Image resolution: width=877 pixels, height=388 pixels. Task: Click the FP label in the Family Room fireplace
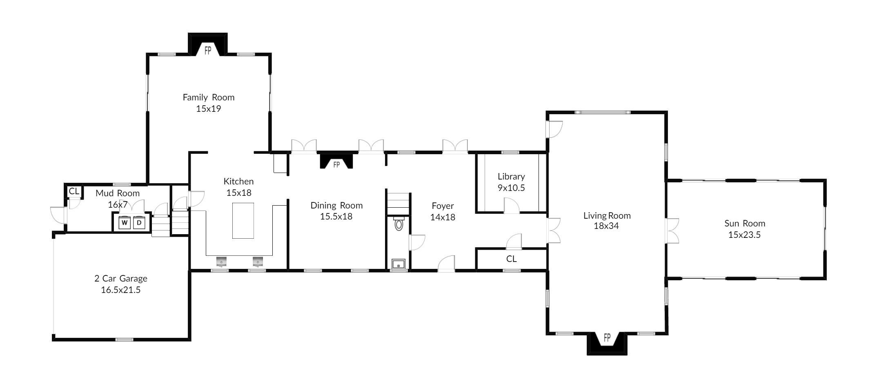click(x=208, y=51)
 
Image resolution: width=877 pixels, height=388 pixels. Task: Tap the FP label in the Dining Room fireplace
click(x=336, y=165)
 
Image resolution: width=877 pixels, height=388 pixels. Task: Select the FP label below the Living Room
click(x=607, y=337)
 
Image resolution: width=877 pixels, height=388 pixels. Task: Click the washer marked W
click(x=125, y=223)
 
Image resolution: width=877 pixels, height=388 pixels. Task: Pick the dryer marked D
click(x=139, y=223)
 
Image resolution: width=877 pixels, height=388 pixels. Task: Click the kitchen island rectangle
click(x=243, y=221)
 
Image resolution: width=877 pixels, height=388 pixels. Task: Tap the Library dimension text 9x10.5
click(x=511, y=188)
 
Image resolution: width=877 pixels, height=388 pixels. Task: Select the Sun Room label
click(x=745, y=223)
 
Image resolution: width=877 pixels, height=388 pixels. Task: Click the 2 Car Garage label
click(x=121, y=278)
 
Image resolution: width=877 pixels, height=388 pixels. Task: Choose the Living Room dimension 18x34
click(x=606, y=226)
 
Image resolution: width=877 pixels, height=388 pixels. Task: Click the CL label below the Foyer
click(x=512, y=259)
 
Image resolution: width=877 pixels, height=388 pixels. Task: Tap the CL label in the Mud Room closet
click(x=74, y=191)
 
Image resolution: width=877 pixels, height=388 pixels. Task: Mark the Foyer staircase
click(x=398, y=204)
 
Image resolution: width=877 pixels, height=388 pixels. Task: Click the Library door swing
click(x=512, y=205)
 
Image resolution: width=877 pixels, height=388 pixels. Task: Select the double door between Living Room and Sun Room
click(x=672, y=231)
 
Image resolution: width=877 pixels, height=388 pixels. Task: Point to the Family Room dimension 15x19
click(x=208, y=109)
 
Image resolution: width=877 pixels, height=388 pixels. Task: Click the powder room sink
click(x=398, y=264)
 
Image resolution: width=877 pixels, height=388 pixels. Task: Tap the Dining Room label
click(x=336, y=205)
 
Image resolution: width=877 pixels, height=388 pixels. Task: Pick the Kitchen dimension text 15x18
click(x=239, y=193)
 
